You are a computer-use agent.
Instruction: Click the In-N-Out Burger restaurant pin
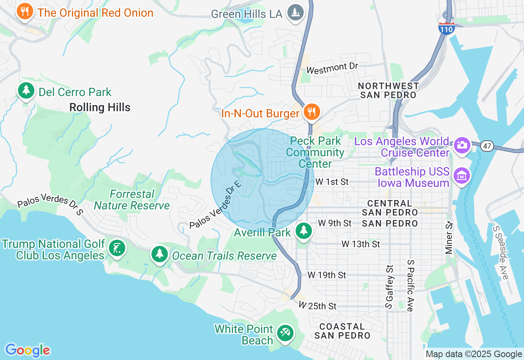pos(312,111)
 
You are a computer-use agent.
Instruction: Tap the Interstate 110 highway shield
pos(446,28)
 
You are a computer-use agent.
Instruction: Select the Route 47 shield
pos(487,146)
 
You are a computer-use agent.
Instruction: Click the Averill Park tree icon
pos(303,231)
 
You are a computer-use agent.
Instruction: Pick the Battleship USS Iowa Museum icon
pos(462,175)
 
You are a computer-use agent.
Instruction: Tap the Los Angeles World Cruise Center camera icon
pos(462,145)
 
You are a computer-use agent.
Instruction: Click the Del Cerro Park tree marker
pos(26,90)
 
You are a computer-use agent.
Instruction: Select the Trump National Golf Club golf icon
pos(117,248)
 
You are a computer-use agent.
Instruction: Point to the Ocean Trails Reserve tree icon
pos(159,254)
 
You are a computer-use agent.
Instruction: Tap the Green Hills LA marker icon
pos(295,12)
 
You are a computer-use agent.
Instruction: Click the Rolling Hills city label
pos(100,108)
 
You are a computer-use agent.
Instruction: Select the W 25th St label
pos(317,306)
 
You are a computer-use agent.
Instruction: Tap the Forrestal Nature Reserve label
pos(132,200)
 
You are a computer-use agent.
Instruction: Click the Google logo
pos(27,350)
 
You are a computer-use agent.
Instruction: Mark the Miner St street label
pos(449,238)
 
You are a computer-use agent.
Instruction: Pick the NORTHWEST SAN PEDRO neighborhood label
pos(388,90)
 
